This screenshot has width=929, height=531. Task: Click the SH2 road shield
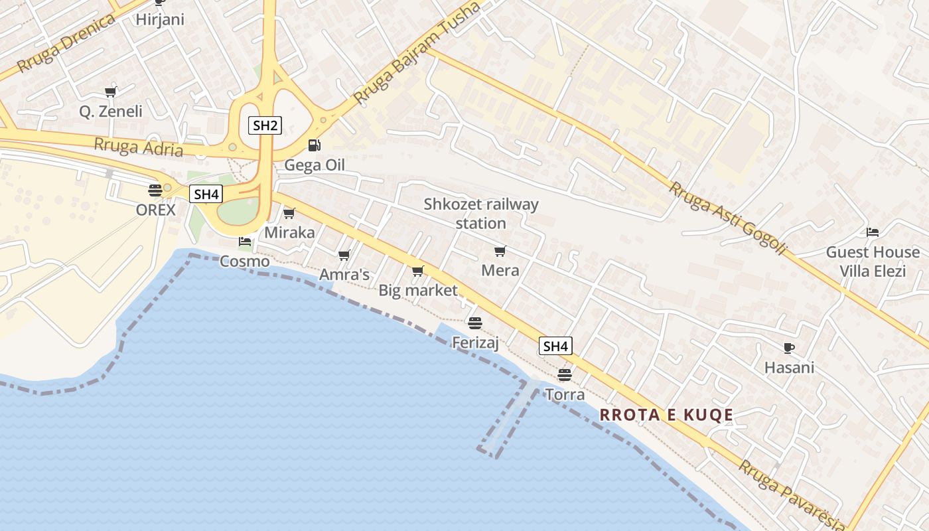click(x=265, y=125)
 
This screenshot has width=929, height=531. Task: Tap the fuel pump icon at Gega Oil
click(x=314, y=145)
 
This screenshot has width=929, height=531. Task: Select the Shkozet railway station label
click(x=481, y=214)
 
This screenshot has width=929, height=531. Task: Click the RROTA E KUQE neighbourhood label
click(x=666, y=416)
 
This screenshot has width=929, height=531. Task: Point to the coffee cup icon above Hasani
click(x=788, y=348)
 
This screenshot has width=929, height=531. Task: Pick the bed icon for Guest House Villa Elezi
click(x=873, y=232)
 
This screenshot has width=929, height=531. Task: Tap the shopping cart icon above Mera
click(x=500, y=251)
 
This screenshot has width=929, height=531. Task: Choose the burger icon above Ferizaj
click(x=474, y=323)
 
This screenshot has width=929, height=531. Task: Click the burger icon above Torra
click(x=564, y=375)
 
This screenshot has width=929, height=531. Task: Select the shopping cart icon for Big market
click(x=417, y=271)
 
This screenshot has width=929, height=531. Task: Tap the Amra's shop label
click(x=344, y=275)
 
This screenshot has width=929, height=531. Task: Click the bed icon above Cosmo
click(x=245, y=242)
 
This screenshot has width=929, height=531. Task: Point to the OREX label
click(x=156, y=210)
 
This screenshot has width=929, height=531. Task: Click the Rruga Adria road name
click(x=139, y=147)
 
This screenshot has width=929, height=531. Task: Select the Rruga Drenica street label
click(x=66, y=42)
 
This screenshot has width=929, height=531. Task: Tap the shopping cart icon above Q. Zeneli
click(x=110, y=92)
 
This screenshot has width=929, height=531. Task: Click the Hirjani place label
click(x=160, y=19)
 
